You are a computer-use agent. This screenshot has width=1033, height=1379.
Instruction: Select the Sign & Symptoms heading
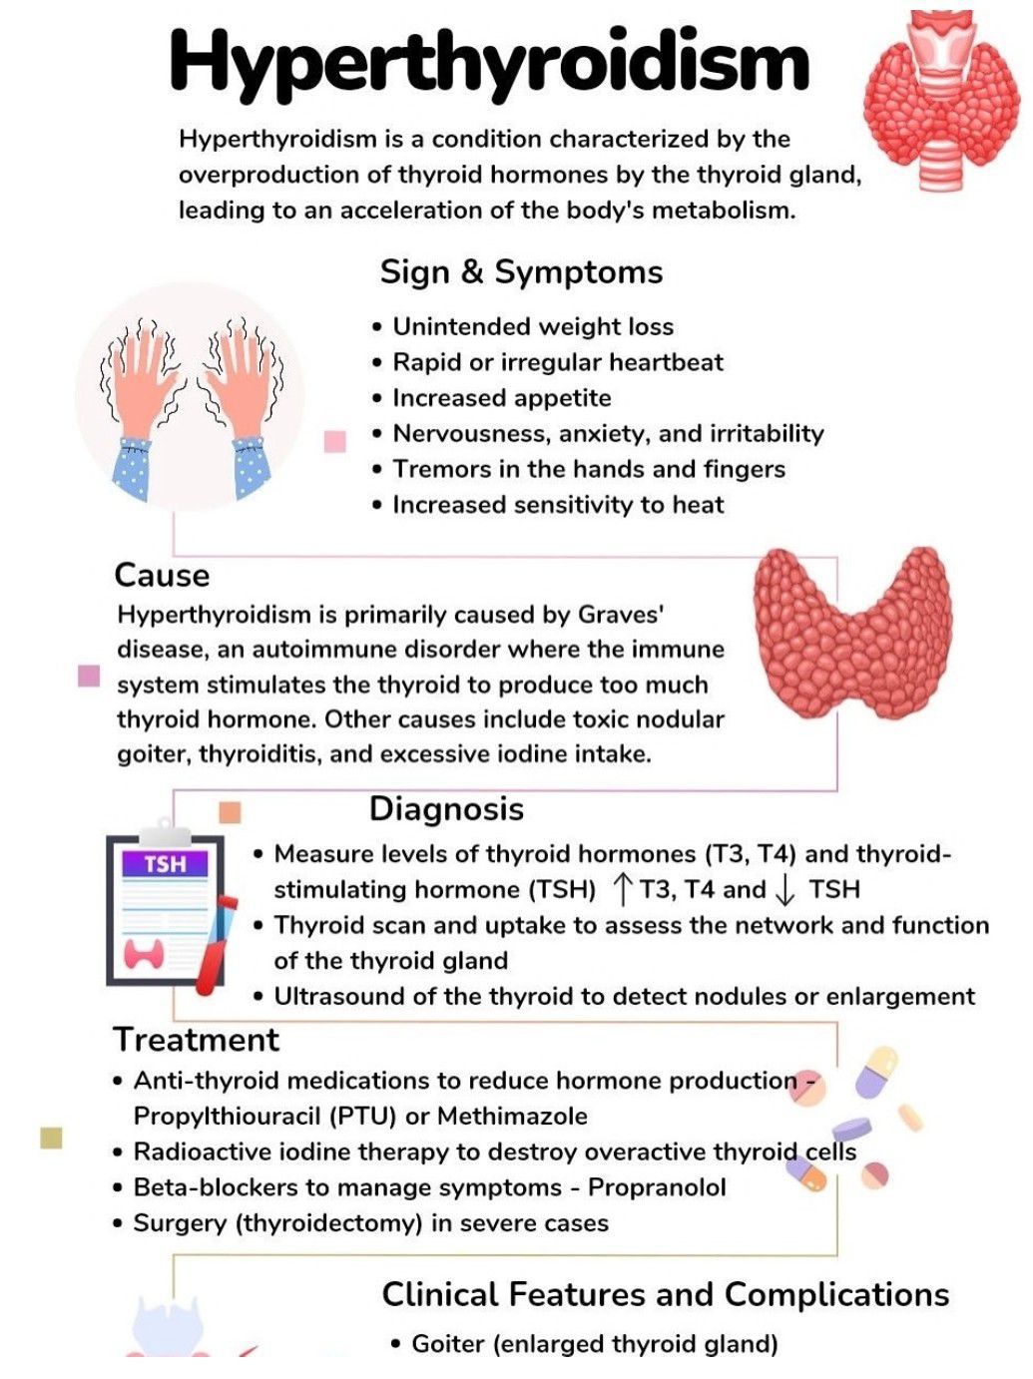(521, 272)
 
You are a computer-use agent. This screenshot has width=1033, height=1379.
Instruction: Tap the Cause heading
(162, 576)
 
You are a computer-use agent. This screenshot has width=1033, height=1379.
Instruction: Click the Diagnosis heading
(446, 809)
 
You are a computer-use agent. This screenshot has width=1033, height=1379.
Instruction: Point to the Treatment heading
(196, 1040)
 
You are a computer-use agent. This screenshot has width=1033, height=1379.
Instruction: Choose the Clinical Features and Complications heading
(665, 1295)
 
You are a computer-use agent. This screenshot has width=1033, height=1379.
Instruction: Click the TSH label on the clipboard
(165, 864)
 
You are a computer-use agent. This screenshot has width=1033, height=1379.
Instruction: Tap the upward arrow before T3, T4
(622, 889)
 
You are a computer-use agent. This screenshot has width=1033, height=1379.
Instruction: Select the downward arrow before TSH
(785, 889)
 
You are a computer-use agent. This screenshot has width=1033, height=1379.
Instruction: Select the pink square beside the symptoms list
(335, 441)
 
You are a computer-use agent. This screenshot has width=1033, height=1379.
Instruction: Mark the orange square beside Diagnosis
(230, 812)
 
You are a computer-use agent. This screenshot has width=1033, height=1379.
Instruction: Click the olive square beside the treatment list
(51, 1138)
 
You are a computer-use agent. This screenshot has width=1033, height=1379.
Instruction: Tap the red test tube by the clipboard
(215, 943)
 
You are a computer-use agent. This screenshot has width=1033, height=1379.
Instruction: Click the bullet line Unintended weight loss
(533, 327)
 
